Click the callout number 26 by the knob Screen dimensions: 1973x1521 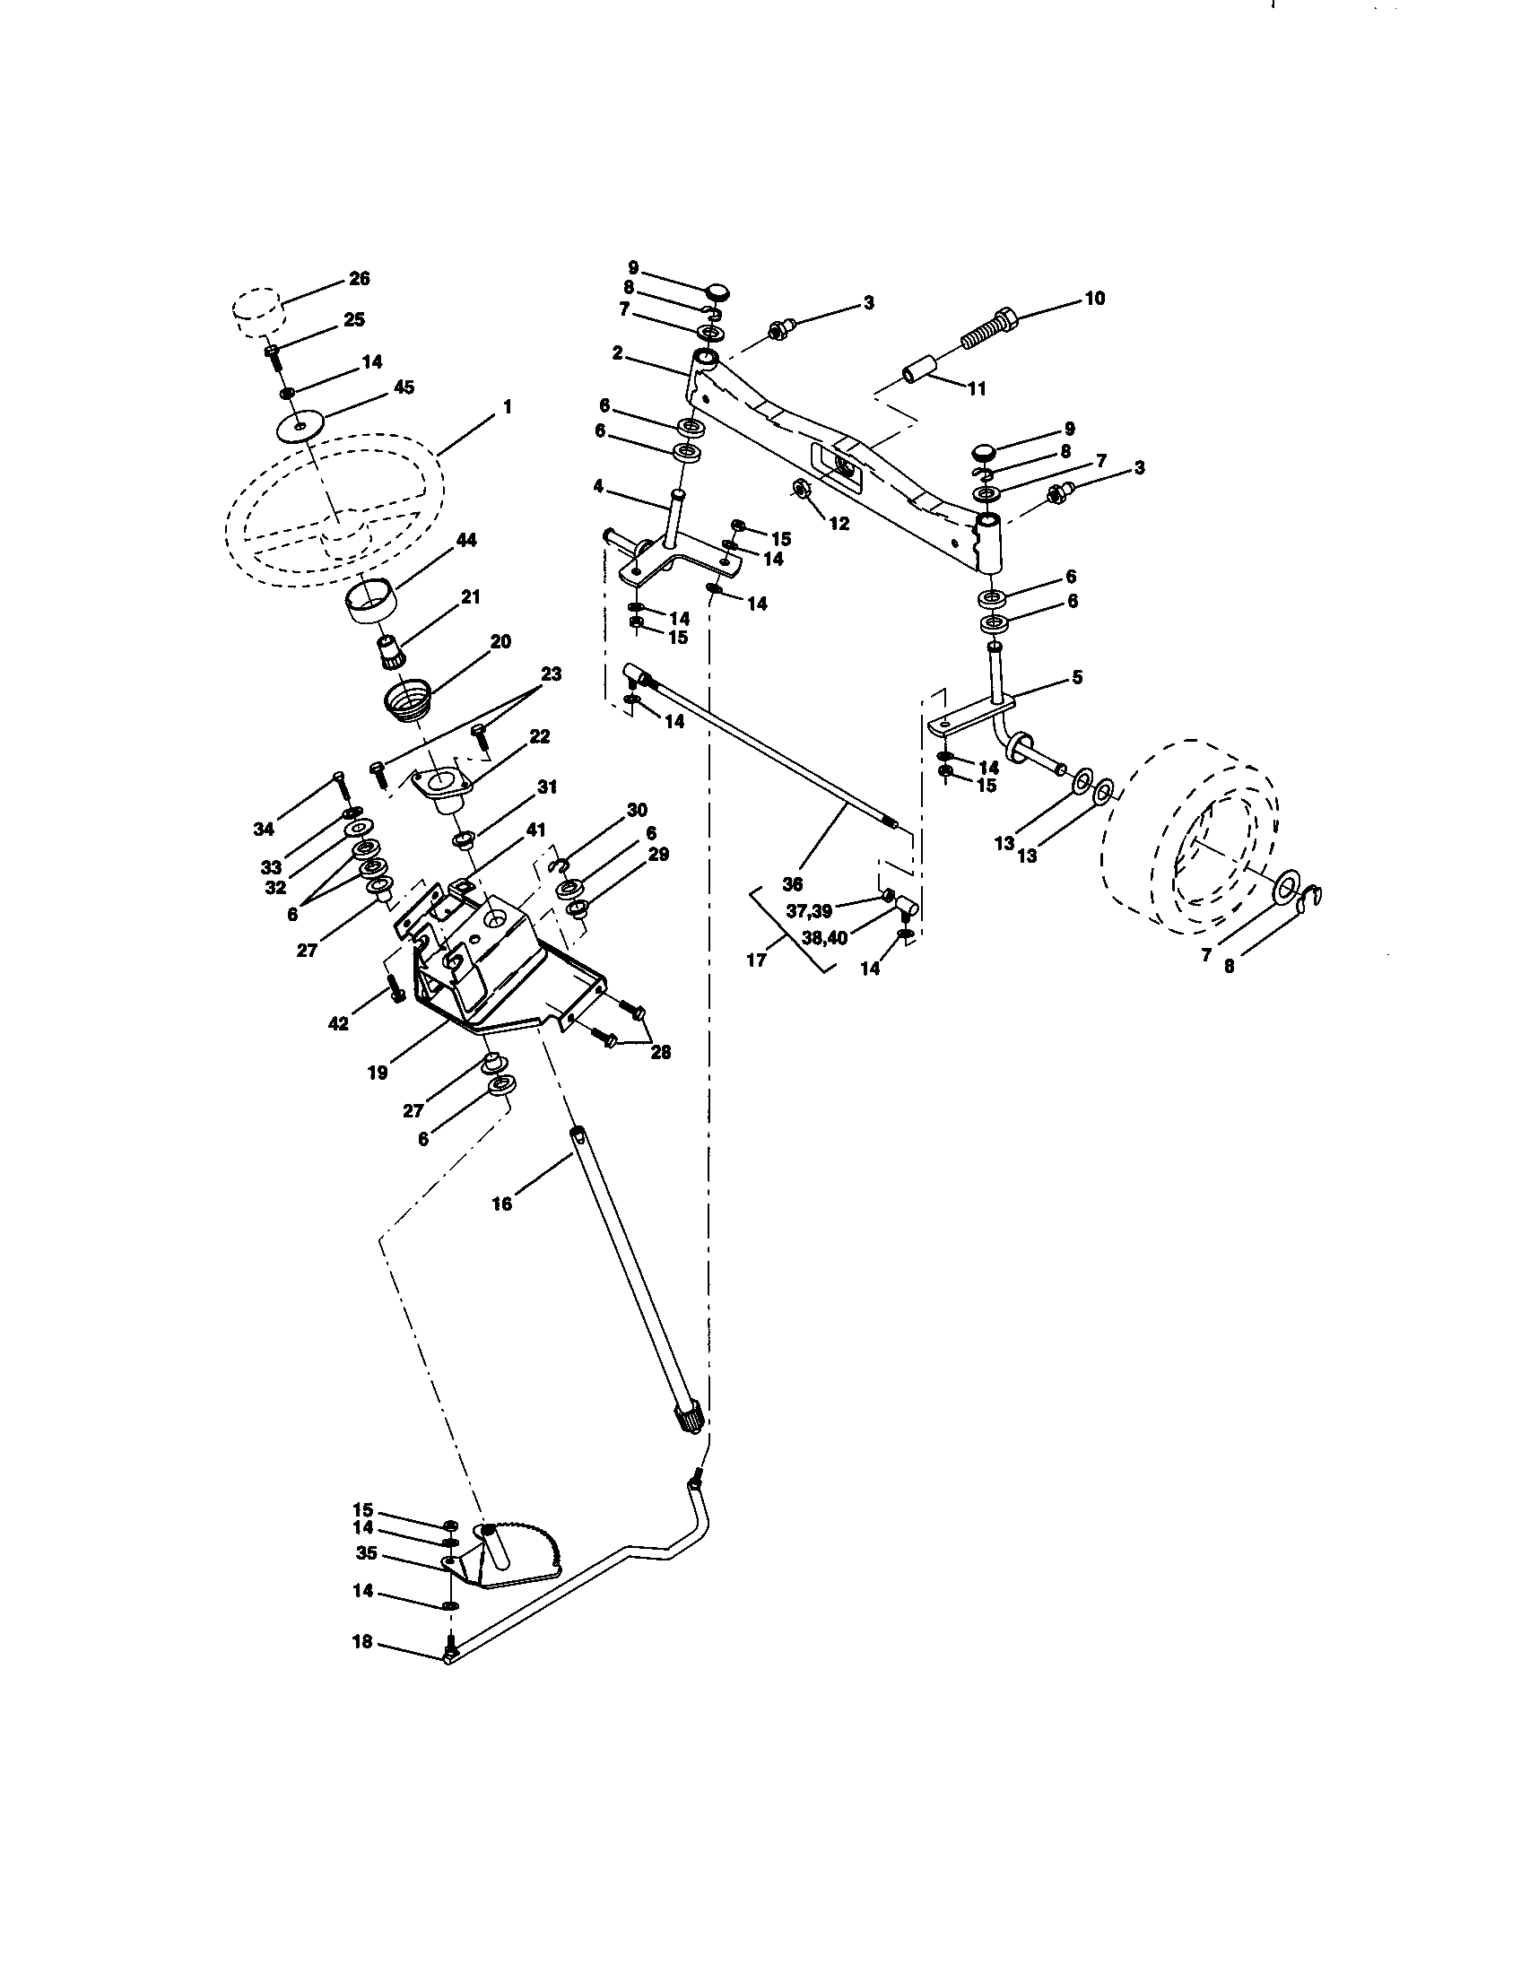click(x=359, y=279)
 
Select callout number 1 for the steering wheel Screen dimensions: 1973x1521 click(x=507, y=408)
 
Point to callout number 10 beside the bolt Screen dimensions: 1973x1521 click(x=1094, y=298)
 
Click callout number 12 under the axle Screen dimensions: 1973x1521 click(x=839, y=523)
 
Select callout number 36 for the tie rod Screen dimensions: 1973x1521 click(x=792, y=882)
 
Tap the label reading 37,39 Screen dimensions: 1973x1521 click(x=808, y=911)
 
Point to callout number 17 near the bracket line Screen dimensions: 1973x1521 click(x=756, y=960)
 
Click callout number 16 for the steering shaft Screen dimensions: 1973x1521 click(x=501, y=1204)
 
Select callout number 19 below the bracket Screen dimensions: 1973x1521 click(x=378, y=1073)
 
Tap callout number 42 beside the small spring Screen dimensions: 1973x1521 click(x=338, y=1024)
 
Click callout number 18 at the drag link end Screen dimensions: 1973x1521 click(x=361, y=1642)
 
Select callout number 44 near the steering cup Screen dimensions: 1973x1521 click(x=466, y=540)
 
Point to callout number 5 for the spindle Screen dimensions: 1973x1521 click(x=1076, y=677)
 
